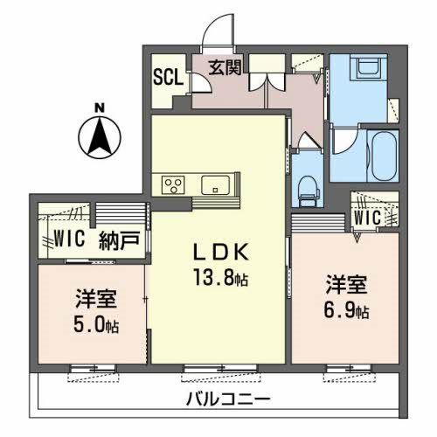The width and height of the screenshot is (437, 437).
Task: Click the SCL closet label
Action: (x=169, y=76)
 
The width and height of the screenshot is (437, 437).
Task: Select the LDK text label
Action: (x=222, y=254)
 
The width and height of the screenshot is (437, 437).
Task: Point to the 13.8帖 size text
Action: (x=223, y=278)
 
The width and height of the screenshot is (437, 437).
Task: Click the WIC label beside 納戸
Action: (x=67, y=237)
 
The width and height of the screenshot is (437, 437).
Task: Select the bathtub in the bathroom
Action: (x=382, y=156)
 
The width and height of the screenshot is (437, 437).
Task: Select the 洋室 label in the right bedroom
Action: (x=344, y=285)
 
